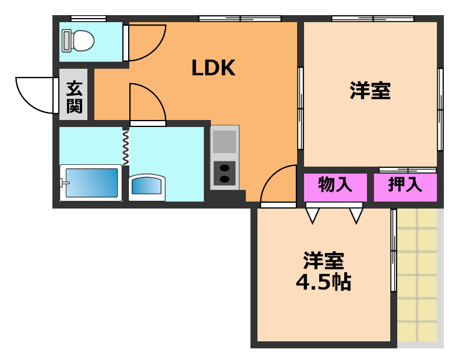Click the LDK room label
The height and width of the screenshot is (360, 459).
213,69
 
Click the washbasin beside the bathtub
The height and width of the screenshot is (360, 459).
146,187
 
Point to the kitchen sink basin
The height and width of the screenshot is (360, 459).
224,142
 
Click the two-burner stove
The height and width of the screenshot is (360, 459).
224,173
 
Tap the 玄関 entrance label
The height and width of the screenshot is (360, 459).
74,97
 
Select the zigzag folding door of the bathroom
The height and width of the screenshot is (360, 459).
125,147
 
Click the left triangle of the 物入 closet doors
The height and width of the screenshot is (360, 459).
313,216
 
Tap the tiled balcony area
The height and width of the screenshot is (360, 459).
417,274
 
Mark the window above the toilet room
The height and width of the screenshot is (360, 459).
88,19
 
